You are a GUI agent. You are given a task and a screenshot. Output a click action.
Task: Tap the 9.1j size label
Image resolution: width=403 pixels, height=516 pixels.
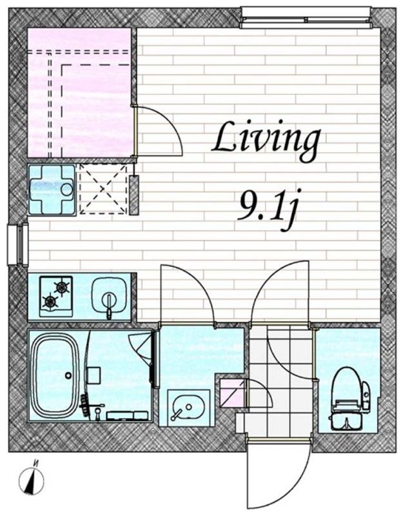(x=266, y=208)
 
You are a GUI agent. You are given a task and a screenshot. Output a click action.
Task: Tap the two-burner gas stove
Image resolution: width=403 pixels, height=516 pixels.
(x=56, y=296)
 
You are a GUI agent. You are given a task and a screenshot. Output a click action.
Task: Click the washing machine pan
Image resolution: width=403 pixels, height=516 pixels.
(x=52, y=190)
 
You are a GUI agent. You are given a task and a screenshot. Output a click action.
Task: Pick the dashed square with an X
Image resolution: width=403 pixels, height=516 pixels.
(x=103, y=189)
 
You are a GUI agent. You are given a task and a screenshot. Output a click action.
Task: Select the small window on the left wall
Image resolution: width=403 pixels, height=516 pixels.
(x=18, y=244)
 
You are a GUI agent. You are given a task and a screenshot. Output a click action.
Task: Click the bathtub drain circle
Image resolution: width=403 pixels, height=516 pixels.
(x=68, y=375)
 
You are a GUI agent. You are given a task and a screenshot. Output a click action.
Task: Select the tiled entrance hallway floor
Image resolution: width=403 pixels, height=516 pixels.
(x=280, y=382)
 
